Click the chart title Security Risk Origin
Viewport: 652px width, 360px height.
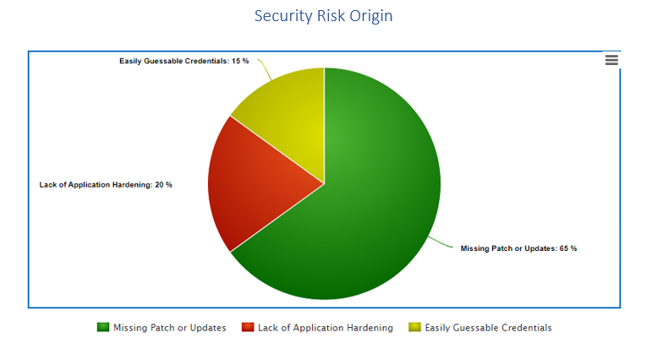click(x=324, y=16)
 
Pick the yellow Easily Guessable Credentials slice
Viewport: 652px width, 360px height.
click(x=291, y=112)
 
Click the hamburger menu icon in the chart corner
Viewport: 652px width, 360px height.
click(x=611, y=60)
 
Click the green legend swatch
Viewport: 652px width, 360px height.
click(x=102, y=327)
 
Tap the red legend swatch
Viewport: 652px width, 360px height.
click(x=248, y=327)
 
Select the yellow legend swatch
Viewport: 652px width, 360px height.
click(x=414, y=327)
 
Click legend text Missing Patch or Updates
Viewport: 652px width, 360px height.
click(x=170, y=328)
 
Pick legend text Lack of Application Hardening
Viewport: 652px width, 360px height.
click(x=326, y=328)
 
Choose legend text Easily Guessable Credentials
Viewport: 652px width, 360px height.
click(x=488, y=328)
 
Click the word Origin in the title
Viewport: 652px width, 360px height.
click(x=371, y=16)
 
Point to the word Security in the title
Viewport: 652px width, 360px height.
click(x=283, y=16)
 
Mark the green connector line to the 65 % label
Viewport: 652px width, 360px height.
click(x=441, y=243)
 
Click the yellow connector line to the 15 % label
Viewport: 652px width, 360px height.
click(x=265, y=68)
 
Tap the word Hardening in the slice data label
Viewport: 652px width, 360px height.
click(x=132, y=185)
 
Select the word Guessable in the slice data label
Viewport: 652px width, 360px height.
click(x=163, y=61)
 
